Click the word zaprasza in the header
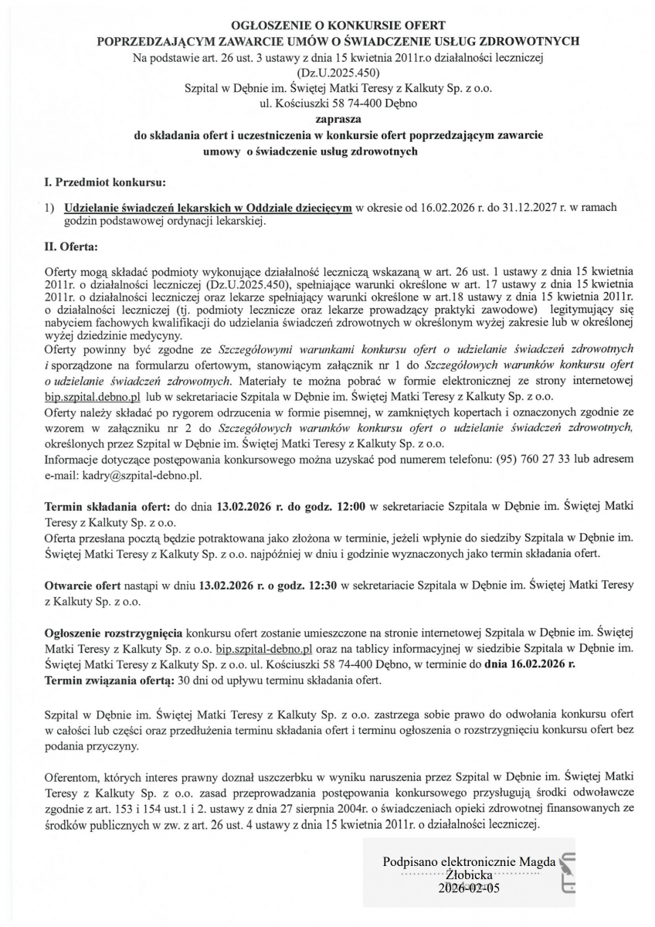point(327,119)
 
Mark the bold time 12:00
point(322,506)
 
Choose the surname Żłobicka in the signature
point(468,874)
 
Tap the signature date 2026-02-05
point(468,888)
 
